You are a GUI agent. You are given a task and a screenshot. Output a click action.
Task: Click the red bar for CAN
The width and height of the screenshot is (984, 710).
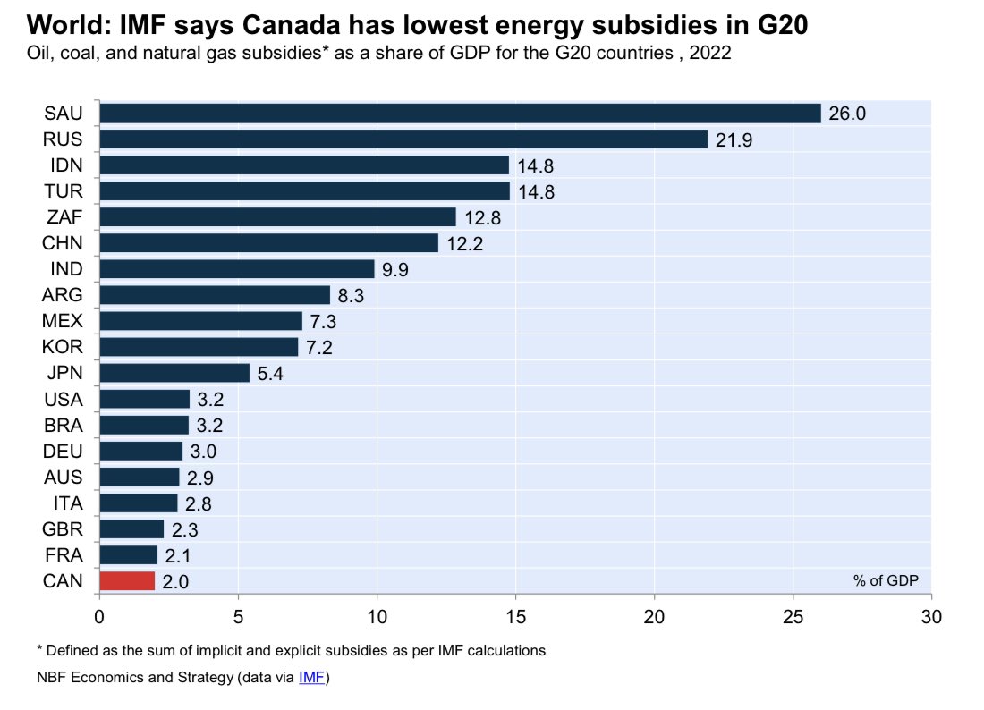click(x=127, y=581)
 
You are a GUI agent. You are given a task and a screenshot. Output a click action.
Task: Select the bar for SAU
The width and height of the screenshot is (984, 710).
click(x=460, y=113)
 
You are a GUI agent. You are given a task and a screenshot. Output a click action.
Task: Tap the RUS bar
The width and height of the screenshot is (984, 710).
click(x=403, y=139)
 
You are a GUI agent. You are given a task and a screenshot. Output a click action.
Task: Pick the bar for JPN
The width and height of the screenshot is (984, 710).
click(x=174, y=373)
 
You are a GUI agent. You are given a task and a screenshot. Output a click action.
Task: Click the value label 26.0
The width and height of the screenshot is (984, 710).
click(x=847, y=114)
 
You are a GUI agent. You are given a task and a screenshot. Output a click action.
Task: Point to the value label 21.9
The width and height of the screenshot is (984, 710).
click(x=734, y=139)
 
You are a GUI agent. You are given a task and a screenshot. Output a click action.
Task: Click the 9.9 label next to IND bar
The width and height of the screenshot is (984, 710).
click(x=395, y=269)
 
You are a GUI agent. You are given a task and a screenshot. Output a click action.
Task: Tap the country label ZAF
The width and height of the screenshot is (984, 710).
click(x=64, y=217)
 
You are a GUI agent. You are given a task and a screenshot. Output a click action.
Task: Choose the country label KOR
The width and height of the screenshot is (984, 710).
click(x=64, y=347)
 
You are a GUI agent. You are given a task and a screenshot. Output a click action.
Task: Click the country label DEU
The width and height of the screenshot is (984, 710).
click(x=64, y=451)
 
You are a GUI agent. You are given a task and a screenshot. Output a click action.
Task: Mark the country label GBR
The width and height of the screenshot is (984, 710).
click(x=64, y=529)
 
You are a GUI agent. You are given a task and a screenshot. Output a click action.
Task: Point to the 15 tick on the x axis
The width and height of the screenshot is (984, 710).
click(x=515, y=616)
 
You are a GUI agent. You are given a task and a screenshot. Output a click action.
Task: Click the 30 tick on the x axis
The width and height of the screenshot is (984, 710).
click(x=931, y=616)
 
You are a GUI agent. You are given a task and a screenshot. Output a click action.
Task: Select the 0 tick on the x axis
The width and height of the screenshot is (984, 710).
click(x=99, y=616)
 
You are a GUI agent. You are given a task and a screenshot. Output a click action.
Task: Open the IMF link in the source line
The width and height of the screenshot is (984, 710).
click(x=312, y=678)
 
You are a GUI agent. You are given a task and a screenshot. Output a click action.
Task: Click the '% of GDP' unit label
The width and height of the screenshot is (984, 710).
click(x=886, y=580)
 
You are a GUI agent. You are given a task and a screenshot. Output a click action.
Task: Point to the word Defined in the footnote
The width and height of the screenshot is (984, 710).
click(x=71, y=650)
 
